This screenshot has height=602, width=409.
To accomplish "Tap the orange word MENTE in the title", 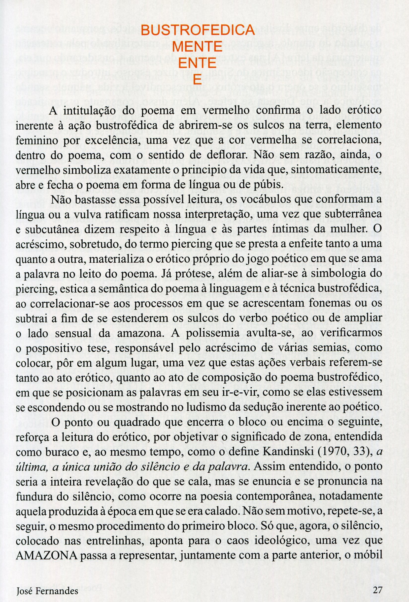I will click(x=197, y=48).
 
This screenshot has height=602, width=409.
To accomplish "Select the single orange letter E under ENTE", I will click(x=197, y=80).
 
